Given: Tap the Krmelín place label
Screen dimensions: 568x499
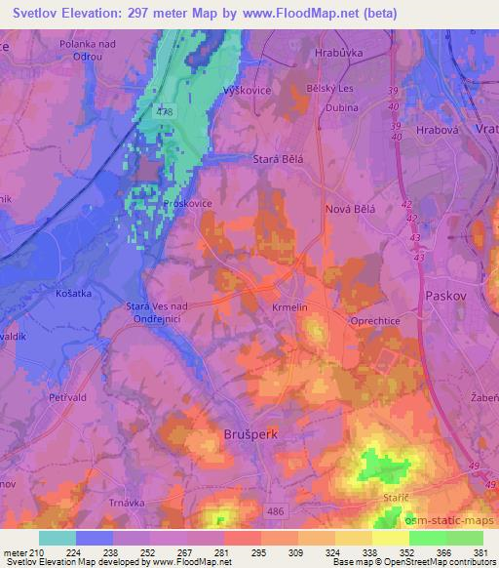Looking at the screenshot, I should (290, 306).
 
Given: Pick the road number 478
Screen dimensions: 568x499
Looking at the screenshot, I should (164, 112).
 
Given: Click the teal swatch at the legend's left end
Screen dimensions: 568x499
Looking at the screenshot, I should (58, 538).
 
